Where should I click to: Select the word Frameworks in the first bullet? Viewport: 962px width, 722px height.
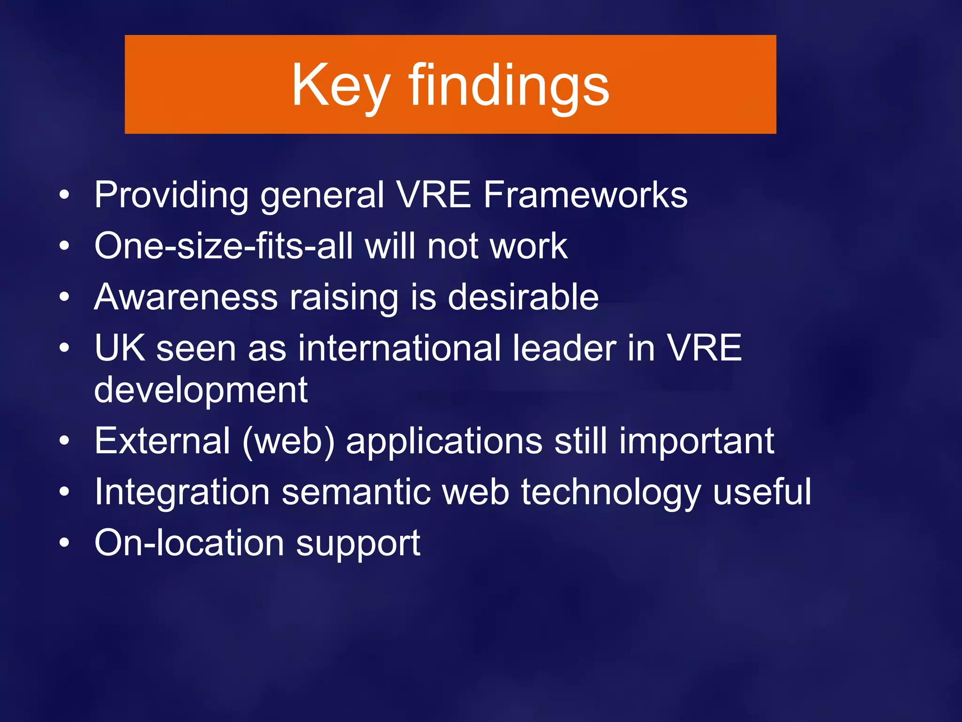(x=585, y=195)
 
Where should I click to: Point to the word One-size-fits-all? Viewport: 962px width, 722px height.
(x=223, y=246)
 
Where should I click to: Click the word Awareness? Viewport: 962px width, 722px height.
(x=186, y=297)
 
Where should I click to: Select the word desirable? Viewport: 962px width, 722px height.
(x=523, y=297)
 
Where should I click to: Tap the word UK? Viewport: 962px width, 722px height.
(x=120, y=348)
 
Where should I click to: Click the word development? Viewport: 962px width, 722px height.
(x=201, y=390)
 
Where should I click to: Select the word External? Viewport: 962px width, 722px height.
(x=163, y=441)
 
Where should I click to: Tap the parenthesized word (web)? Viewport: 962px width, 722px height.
(x=288, y=441)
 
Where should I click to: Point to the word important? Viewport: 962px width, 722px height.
(x=696, y=441)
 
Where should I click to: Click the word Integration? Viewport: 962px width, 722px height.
(x=182, y=492)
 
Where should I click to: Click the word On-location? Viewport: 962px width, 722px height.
(x=189, y=543)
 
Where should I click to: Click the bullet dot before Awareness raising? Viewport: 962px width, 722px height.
(x=64, y=297)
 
